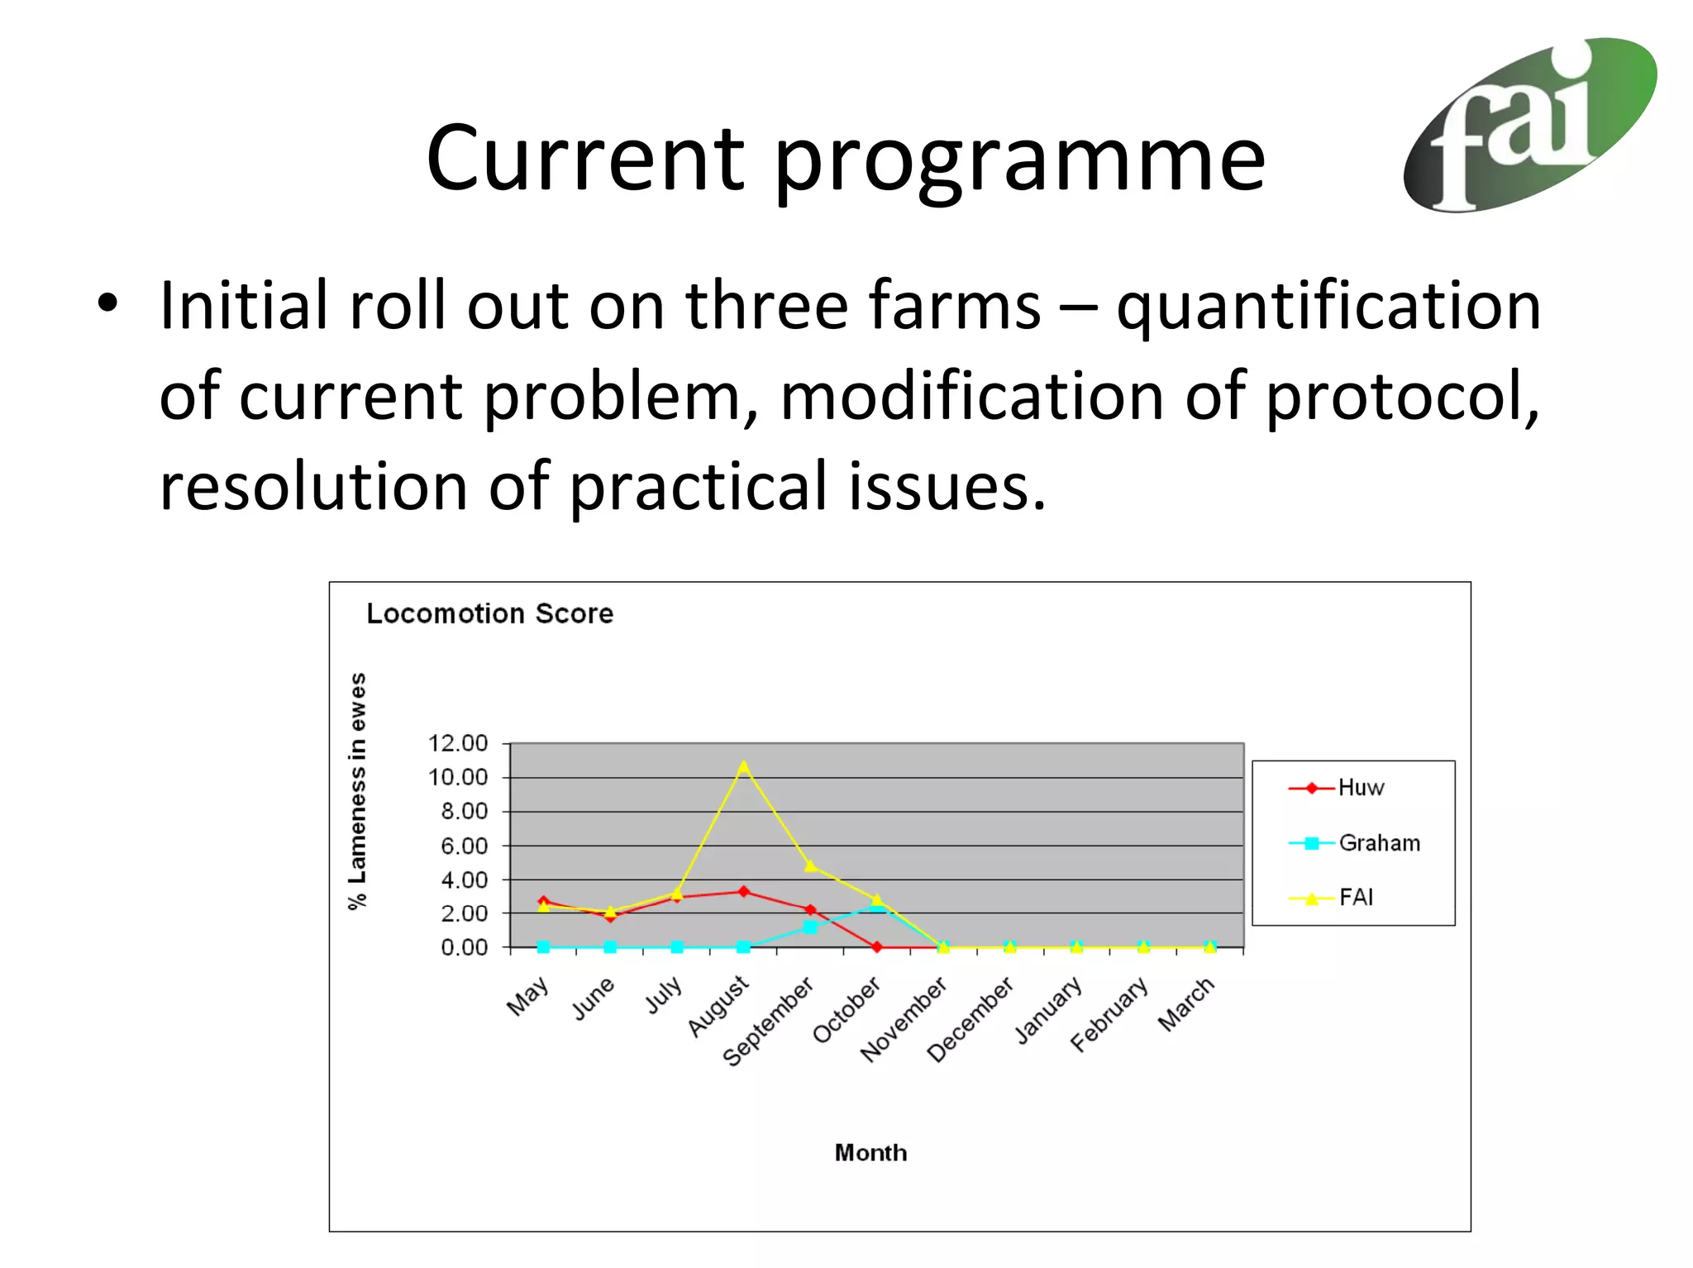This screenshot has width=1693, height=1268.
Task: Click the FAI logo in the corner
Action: click(1529, 124)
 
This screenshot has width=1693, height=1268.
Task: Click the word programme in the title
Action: click(1018, 159)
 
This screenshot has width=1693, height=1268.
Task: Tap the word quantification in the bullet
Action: click(1328, 306)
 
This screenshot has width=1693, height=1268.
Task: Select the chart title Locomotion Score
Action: click(489, 613)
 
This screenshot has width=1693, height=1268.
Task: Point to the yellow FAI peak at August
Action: click(743, 767)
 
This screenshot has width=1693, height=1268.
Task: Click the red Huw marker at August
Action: click(743, 891)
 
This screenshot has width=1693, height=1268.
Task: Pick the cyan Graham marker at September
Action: click(809, 927)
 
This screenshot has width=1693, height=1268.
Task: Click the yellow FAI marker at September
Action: click(810, 865)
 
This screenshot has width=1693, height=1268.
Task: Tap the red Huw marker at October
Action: click(876, 946)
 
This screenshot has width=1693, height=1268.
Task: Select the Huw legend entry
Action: click(1360, 788)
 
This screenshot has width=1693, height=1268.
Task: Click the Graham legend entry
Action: click(1379, 843)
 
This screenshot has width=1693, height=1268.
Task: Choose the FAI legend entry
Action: click(1356, 898)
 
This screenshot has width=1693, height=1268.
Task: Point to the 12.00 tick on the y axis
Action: click(457, 743)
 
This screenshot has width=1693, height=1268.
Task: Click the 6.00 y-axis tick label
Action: click(464, 846)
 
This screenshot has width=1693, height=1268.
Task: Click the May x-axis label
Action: click(527, 996)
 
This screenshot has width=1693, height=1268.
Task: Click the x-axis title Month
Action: click(870, 1152)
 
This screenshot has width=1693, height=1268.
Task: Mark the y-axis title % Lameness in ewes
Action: click(357, 791)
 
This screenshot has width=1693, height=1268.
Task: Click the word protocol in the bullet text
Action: click(1401, 396)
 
